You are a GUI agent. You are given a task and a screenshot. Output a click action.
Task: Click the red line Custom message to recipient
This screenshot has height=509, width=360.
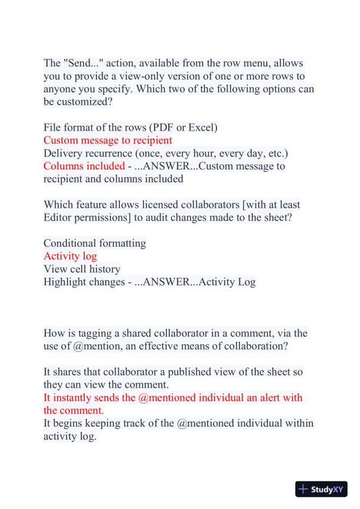108,140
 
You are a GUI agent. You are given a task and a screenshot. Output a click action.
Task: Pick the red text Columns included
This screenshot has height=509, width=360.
84,166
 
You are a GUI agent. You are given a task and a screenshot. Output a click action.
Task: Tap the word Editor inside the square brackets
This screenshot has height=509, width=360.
59,218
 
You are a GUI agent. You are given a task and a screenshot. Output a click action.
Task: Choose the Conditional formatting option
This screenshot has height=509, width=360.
95,243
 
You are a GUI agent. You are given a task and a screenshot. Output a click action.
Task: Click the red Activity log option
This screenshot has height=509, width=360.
70,256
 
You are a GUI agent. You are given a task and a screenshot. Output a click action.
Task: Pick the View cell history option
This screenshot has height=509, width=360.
82,269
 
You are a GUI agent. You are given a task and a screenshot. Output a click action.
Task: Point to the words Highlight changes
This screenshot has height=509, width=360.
82,282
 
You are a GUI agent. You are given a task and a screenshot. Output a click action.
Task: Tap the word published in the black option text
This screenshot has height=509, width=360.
189,372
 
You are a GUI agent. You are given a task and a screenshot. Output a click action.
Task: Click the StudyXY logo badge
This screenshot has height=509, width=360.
321,489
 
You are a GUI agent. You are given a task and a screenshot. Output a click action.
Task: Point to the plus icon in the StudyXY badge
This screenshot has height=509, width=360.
304,489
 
